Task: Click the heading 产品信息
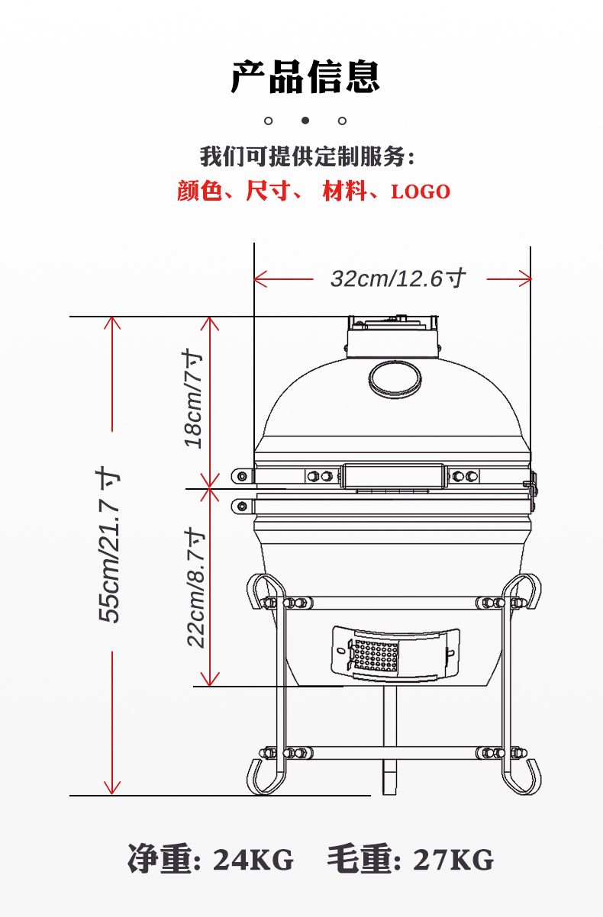click(305, 76)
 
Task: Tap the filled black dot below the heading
click(305, 121)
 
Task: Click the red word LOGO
click(421, 191)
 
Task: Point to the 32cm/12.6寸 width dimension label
click(398, 278)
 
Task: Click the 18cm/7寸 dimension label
click(193, 399)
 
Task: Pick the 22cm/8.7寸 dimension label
click(195, 587)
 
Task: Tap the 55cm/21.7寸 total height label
click(108, 545)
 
